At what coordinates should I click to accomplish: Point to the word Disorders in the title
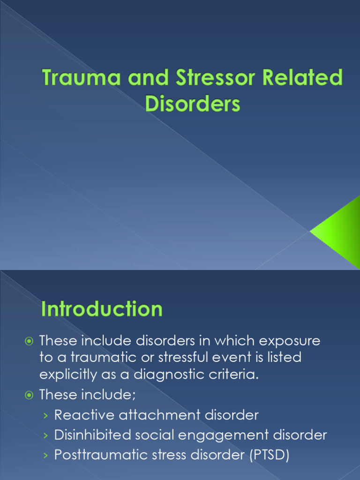pyautogui.click(x=193, y=103)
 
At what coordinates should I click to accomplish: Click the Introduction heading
pyautogui.click(x=102, y=310)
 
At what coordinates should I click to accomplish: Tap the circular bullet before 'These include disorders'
pyautogui.click(x=29, y=341)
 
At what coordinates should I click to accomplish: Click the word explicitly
pyautogui.click(x=70, y=375)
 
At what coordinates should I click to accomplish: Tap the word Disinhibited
pyautogui.click(x=92, y=435)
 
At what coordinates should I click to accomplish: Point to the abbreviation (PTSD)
pyautogui.click(x=263, y=455)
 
